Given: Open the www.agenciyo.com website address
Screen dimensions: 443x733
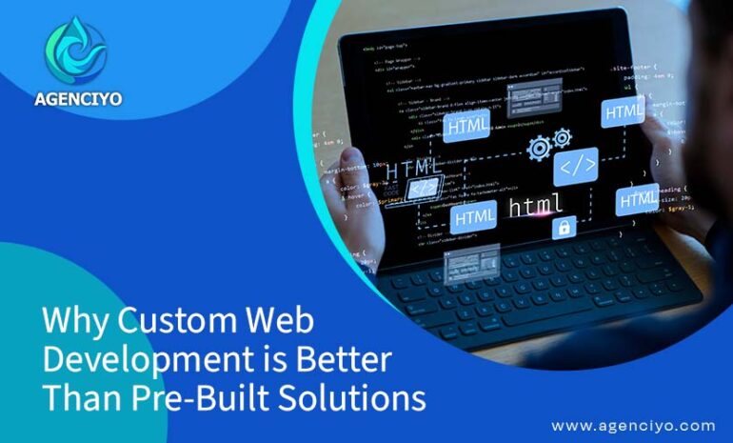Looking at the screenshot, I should pos(633,425).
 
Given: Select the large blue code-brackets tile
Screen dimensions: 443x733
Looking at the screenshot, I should pos(578,166).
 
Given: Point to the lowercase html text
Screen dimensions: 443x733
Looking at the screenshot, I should pos(536,204).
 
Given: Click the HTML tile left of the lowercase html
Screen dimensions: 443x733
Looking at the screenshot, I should pos(474,217).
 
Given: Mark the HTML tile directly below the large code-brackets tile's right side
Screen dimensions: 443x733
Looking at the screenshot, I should pos(636,200).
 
